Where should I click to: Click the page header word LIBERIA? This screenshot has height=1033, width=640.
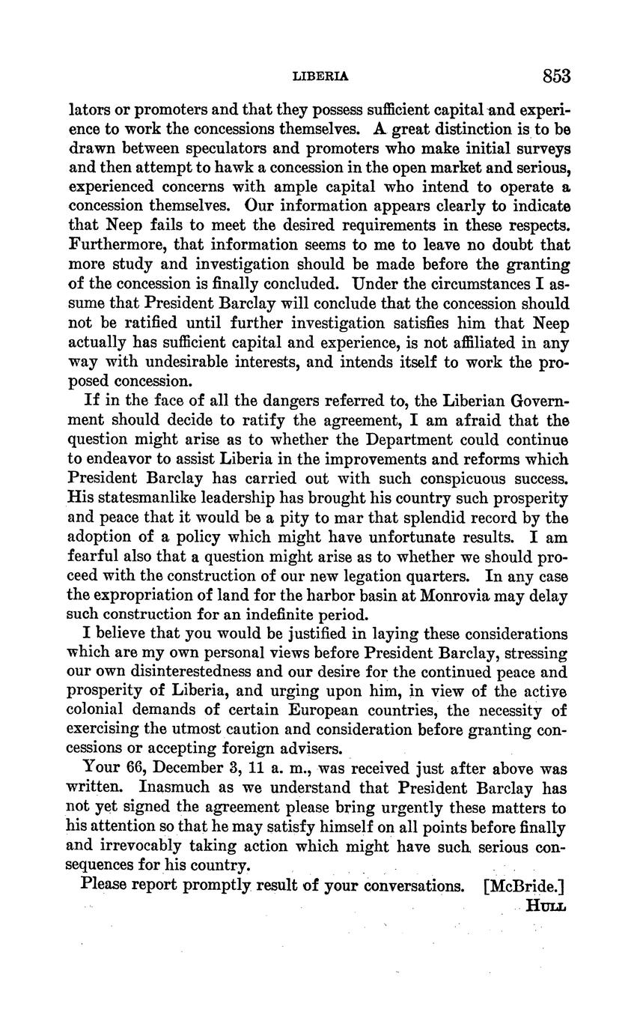tap(320, 76)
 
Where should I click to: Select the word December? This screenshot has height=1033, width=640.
tap(186, 769)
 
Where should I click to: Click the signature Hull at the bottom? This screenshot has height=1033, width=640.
tap(546, 905)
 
